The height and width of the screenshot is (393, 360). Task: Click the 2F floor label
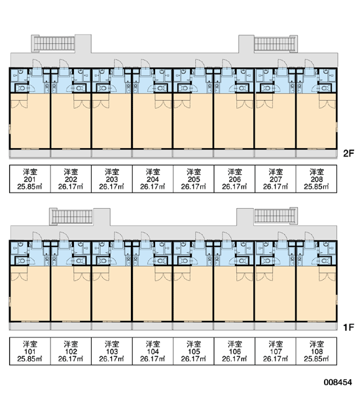click(348, 153)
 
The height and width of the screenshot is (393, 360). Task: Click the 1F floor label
click(348, 327)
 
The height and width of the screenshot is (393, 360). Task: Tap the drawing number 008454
click(338, 383)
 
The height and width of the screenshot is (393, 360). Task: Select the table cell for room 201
click(30, 179)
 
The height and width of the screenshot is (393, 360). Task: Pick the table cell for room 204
click(153, 179)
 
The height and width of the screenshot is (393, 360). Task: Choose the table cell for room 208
click(316, 179)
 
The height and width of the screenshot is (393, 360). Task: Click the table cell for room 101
click(30, 351)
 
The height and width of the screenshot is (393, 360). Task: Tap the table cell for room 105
click(194, 351)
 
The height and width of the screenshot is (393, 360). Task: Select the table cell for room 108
click(316, 351)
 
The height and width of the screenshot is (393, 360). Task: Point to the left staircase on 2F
click(53, 44)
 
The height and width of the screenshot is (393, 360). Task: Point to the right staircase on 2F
click(276, 44)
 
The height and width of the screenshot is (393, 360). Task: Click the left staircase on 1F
click(71, 217)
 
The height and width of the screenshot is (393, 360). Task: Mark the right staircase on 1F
click(276, 215)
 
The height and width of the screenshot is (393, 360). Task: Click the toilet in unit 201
click(22, 88)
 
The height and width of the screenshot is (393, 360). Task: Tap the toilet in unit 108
click(325, 261)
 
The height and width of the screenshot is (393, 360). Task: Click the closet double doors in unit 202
click(82, 105)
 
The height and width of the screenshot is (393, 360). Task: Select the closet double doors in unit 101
click(19, 277)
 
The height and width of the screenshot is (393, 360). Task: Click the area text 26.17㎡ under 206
click(234, 187)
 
